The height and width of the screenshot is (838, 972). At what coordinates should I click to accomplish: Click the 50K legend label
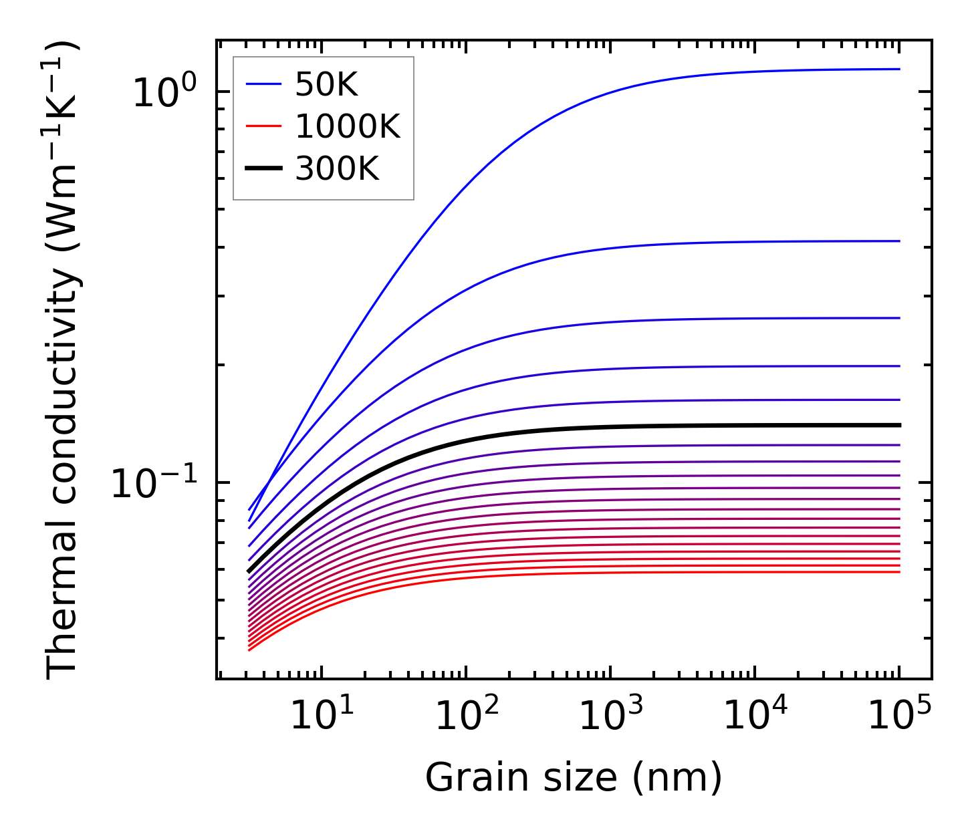click(326, 85)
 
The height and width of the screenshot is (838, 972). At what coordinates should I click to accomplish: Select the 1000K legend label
click(347, 127)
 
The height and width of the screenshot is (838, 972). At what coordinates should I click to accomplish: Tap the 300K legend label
click(337, 170)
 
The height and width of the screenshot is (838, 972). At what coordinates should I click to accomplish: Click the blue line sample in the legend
click(264, 85)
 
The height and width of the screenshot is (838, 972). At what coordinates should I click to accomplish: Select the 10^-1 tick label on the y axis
click(154, 482)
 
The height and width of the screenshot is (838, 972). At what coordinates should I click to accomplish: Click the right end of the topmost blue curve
click(899, 69)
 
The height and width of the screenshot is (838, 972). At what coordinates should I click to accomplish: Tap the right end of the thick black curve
click(899, 425)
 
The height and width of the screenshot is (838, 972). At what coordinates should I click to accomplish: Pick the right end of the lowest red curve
click(899, 571)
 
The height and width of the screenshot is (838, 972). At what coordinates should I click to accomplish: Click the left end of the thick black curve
click(249, 571)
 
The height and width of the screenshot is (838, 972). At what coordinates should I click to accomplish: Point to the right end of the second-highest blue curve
click(899, 241)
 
